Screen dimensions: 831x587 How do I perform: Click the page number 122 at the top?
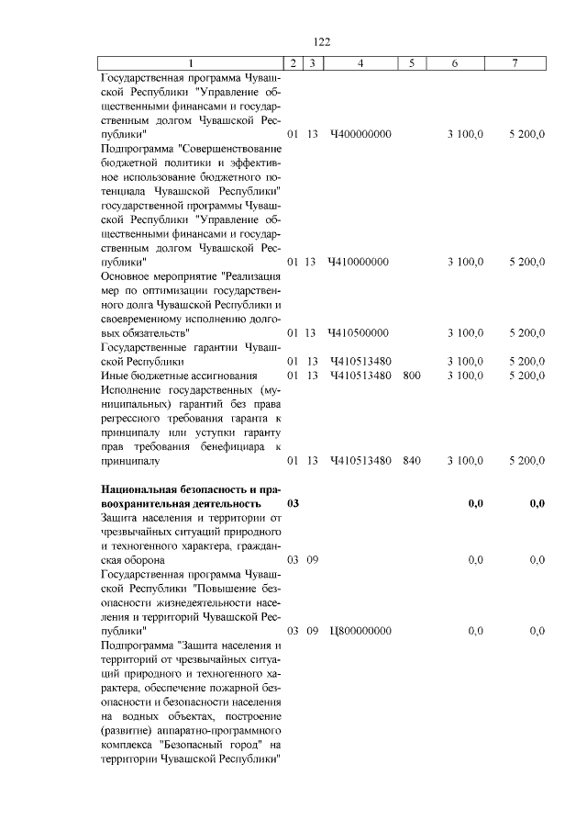(x=321, y=42)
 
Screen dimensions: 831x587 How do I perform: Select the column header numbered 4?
(x=360, y=63)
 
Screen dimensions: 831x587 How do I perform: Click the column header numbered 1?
(x=191, y=63)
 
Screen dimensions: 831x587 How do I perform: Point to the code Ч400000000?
(x=360, y=134)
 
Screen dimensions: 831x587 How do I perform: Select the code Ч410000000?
(x=360, y=262)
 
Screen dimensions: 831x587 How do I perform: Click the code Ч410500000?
(x=360, y=332)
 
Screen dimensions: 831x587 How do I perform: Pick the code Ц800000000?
(x=360, y=631)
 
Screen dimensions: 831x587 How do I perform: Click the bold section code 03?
(x=293, y=503)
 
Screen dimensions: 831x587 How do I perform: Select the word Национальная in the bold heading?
(x=140, y=488)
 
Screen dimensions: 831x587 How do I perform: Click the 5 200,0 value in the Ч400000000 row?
(x=527, y=134)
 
